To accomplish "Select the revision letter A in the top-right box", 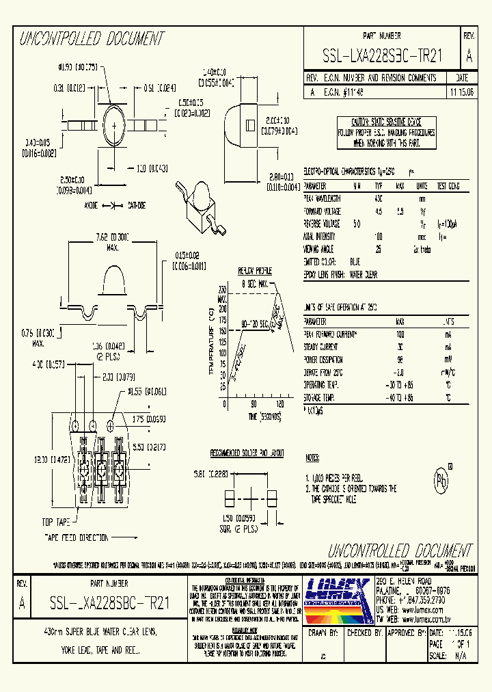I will (468, 55).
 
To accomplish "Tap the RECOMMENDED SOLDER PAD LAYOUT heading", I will (247, 453).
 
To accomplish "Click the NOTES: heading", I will (312, 457).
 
